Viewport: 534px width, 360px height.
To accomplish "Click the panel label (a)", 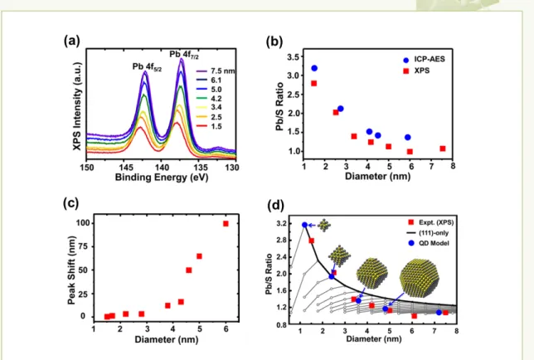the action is [72, 41].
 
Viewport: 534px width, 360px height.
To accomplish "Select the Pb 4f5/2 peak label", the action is [147, 66].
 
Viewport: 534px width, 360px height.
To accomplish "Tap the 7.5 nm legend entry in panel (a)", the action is [216, 71].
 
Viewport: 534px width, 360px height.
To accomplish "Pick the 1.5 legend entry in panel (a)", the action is [209, 126].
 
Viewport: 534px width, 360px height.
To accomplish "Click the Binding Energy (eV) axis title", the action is [162, 178].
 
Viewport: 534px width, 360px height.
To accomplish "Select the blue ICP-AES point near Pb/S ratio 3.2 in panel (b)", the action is [314, 68].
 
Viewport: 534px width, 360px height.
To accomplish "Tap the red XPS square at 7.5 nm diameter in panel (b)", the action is [443, 148].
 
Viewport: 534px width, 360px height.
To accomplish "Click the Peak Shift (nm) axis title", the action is [71, 270].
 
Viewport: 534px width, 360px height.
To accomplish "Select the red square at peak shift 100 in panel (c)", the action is [226, 224].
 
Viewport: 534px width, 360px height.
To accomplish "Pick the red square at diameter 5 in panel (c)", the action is [200, 256].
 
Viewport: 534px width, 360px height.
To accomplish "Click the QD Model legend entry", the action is [429, 243].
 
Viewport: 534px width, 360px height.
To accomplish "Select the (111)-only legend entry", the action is [427, 233].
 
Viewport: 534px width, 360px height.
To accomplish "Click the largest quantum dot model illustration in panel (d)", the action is [420, 277].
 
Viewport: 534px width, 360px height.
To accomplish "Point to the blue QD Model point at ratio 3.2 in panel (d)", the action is [304, 225].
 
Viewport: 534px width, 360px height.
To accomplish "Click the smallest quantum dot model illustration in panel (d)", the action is [324, 225].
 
